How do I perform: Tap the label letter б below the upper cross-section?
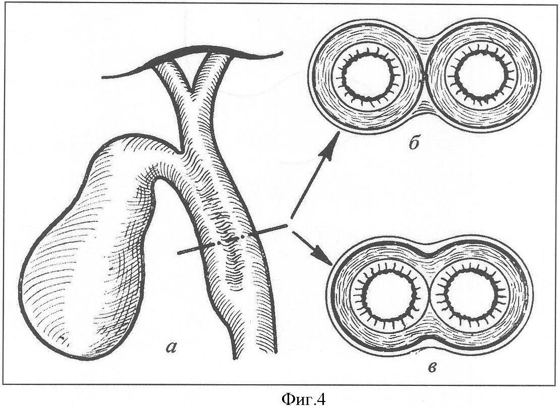click(x=414, y=144)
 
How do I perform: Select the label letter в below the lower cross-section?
click(x=432, y=367)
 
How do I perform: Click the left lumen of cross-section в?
click(x=389, y=297)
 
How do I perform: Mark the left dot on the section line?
click(x=217, y=244)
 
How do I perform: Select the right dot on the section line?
click(x=243, y=237)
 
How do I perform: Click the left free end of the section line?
click(x=179, y=253)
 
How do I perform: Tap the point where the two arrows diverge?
click(x=290, y=224)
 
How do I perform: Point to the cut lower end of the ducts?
click(x=255, y=355)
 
